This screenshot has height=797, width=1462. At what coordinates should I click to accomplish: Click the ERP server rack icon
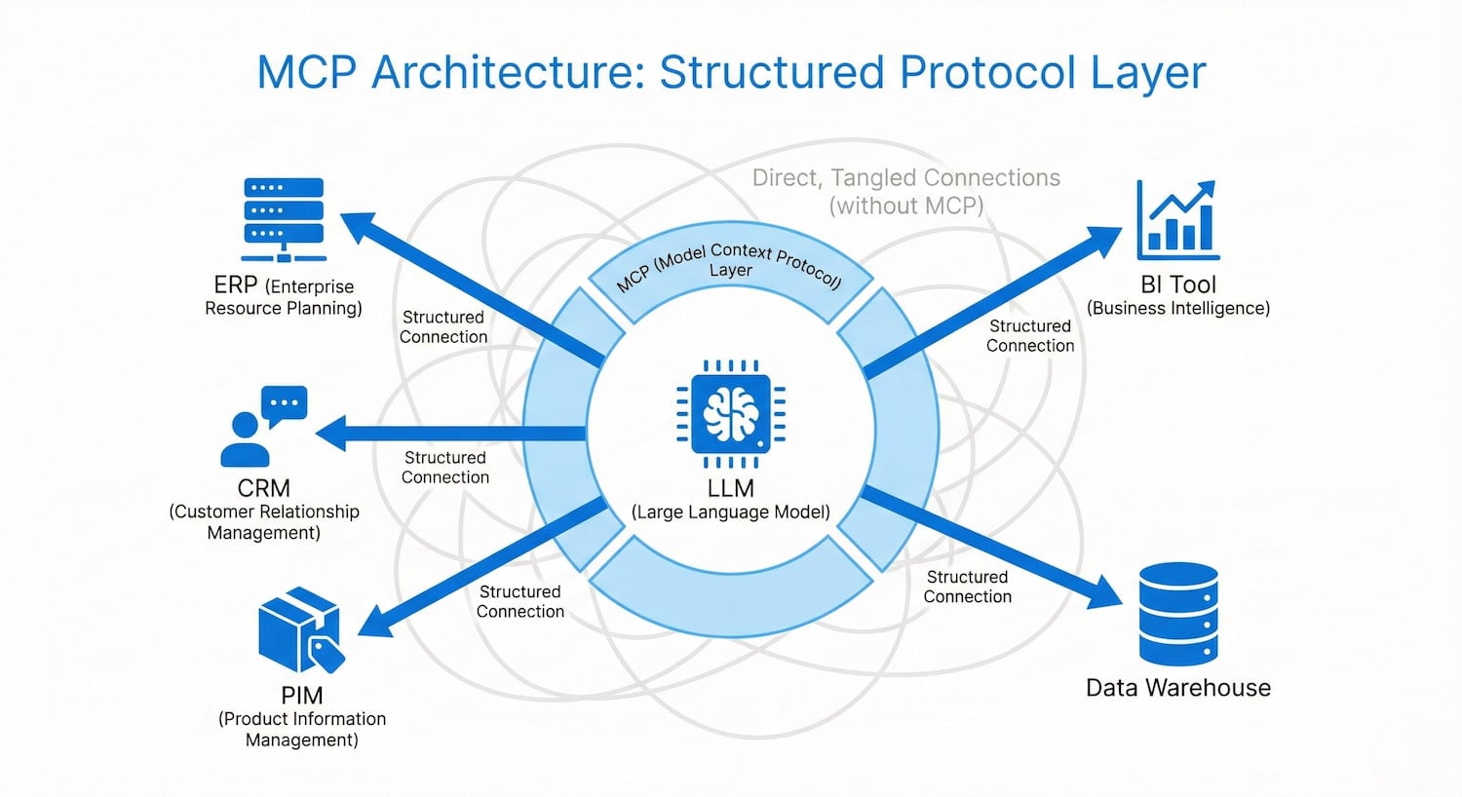[x=284, y=220]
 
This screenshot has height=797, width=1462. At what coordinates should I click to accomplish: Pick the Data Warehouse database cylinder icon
[x=1178, y=614]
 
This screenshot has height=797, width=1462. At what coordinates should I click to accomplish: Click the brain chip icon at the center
[x=731, y=414]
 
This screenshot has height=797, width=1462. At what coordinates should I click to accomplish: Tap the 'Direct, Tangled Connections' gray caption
[x=905, y=178]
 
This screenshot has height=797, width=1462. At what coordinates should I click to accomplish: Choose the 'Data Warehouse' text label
[x=1177, y=688]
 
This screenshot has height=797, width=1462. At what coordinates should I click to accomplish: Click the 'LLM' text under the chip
[x=731, y=488]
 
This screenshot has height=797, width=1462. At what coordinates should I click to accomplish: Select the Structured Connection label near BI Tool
[x=1030, y=336]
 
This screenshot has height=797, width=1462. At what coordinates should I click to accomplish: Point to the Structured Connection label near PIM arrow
[x=520, y=602]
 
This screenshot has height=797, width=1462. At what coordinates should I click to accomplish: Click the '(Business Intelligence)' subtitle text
[x=1177, y=309]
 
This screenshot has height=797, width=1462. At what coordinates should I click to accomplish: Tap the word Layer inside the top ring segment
[x=731, y=271]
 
